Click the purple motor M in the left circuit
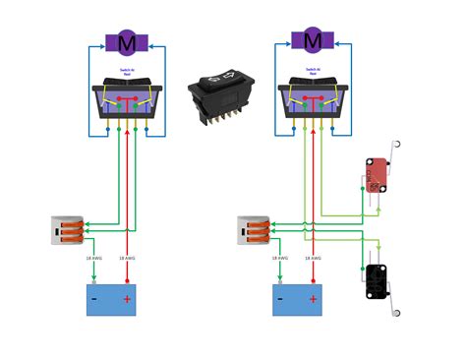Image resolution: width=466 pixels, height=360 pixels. [x=126, y=43]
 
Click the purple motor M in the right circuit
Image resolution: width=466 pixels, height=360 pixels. [x=312, y=41]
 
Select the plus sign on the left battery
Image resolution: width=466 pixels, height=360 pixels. [x=127, y=299]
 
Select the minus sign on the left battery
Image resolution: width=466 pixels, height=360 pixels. [x=94, y=299]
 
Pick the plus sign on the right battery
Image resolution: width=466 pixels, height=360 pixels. [x=313, y=299]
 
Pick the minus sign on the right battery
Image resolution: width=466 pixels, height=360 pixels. [x=281, y=299]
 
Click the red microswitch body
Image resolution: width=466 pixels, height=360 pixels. [x=375, y=175]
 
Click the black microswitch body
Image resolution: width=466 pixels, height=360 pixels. [x=375, y=280]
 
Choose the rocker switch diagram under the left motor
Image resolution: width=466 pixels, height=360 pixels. [x=126, y=102]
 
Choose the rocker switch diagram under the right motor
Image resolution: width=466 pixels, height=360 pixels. [x=312, y=102]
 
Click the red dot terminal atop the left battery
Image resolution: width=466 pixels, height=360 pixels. [x=127, y=283]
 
